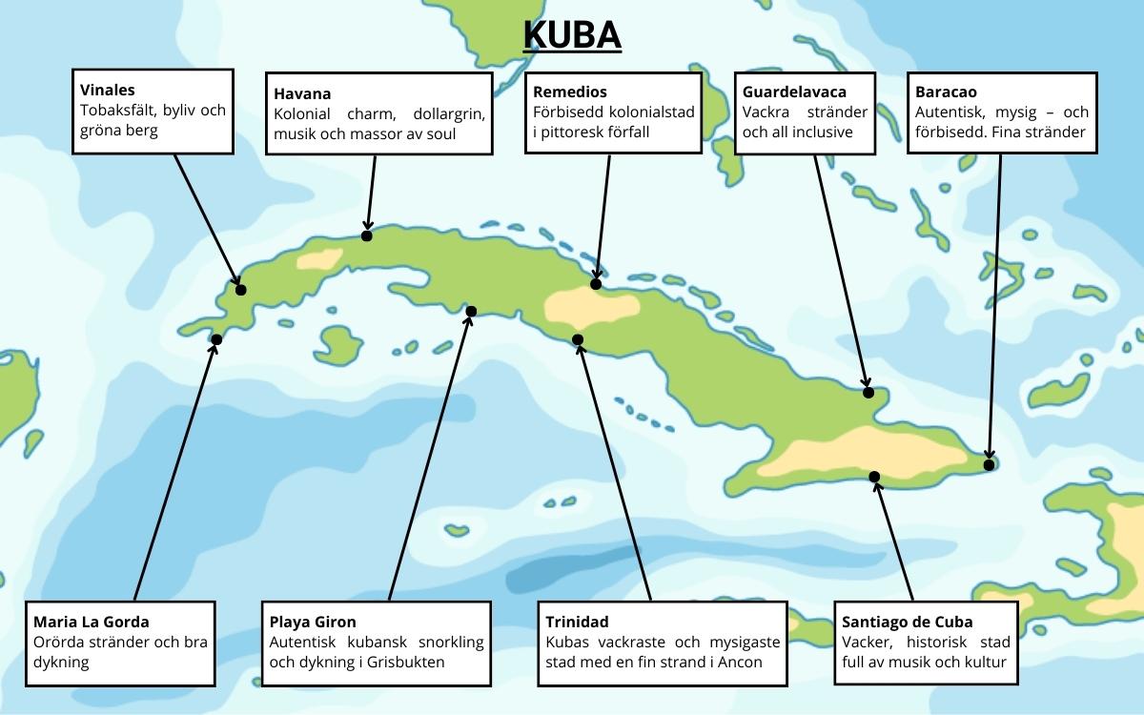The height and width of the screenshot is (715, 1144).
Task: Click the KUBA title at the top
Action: pos(572,35)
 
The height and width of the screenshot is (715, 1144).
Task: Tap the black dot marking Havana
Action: pos(367,235)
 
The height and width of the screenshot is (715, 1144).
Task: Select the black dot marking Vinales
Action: pos(240,290)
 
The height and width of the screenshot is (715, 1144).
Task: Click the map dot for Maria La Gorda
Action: pos(216,339)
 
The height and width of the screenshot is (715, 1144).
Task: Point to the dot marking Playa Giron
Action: pos(471,311)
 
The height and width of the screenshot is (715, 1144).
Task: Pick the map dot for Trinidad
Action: pos(577,339)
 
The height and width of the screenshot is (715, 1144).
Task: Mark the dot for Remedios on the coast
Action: pos(596,284)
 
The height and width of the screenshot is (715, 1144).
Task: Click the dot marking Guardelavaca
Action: pos(868,392)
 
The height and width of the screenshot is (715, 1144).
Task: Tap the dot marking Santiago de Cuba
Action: pos(874,476)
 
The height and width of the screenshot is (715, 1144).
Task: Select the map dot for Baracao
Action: pos(990,465)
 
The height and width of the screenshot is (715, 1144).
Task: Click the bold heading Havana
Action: pos(302,93)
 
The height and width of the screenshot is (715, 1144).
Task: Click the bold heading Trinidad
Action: pos(577,622)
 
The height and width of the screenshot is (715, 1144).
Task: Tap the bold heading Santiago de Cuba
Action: pos(908,622)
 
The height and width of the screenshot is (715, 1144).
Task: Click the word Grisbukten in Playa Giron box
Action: pos(406,662)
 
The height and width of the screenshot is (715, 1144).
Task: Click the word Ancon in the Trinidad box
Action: pos(741,662)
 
